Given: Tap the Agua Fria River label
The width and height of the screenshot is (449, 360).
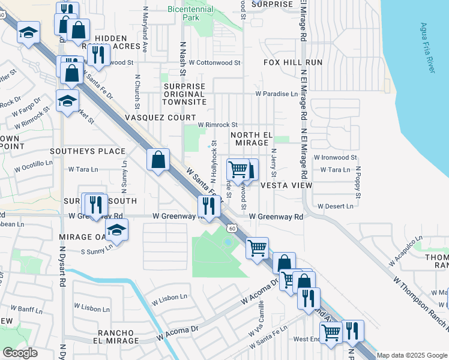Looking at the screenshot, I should pos(427,49).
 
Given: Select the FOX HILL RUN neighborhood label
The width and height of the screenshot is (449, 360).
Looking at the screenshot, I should pos(292,62).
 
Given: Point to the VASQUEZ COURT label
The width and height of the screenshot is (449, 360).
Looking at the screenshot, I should pos(160,118).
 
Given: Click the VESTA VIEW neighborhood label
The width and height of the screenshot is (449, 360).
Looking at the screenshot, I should pos(286,186).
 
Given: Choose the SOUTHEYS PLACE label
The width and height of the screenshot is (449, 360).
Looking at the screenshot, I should pos(88,151).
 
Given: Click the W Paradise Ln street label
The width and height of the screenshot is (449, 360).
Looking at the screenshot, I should pos(276,94).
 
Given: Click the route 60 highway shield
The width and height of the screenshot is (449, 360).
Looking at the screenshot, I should pos(232,228).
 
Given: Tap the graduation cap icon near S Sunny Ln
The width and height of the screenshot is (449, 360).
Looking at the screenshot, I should pos(116,230).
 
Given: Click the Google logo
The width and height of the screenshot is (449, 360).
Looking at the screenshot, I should pos(20,353).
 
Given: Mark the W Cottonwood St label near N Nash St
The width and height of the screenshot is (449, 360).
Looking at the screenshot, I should pos(214,62).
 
